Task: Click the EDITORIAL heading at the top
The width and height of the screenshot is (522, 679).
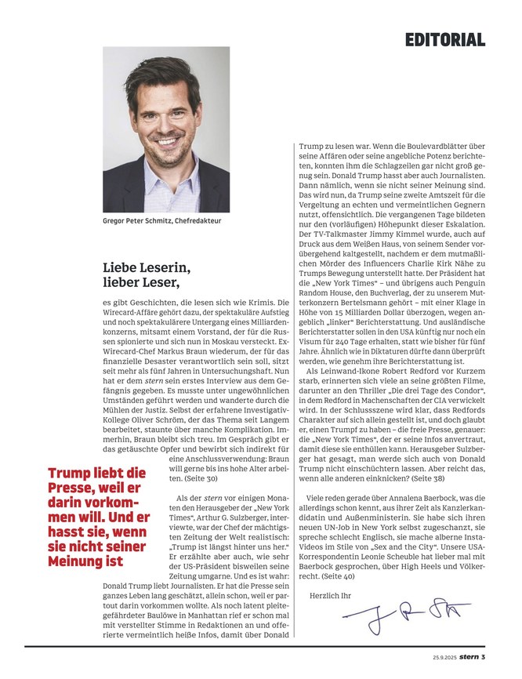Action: [x=445, y=39]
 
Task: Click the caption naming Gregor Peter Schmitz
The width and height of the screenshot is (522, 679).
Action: [x=161, y=221]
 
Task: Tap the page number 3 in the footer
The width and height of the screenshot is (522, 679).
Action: [x=484, y=656]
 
